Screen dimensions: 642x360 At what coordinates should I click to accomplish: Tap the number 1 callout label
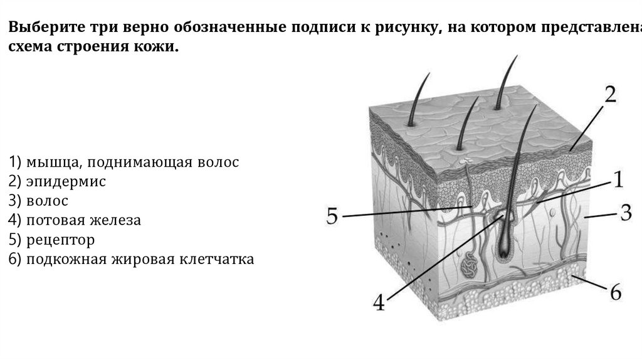coord(617,181)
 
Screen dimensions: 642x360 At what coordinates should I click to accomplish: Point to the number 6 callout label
coord(615,292)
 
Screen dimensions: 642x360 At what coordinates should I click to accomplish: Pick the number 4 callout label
coord(378,303)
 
